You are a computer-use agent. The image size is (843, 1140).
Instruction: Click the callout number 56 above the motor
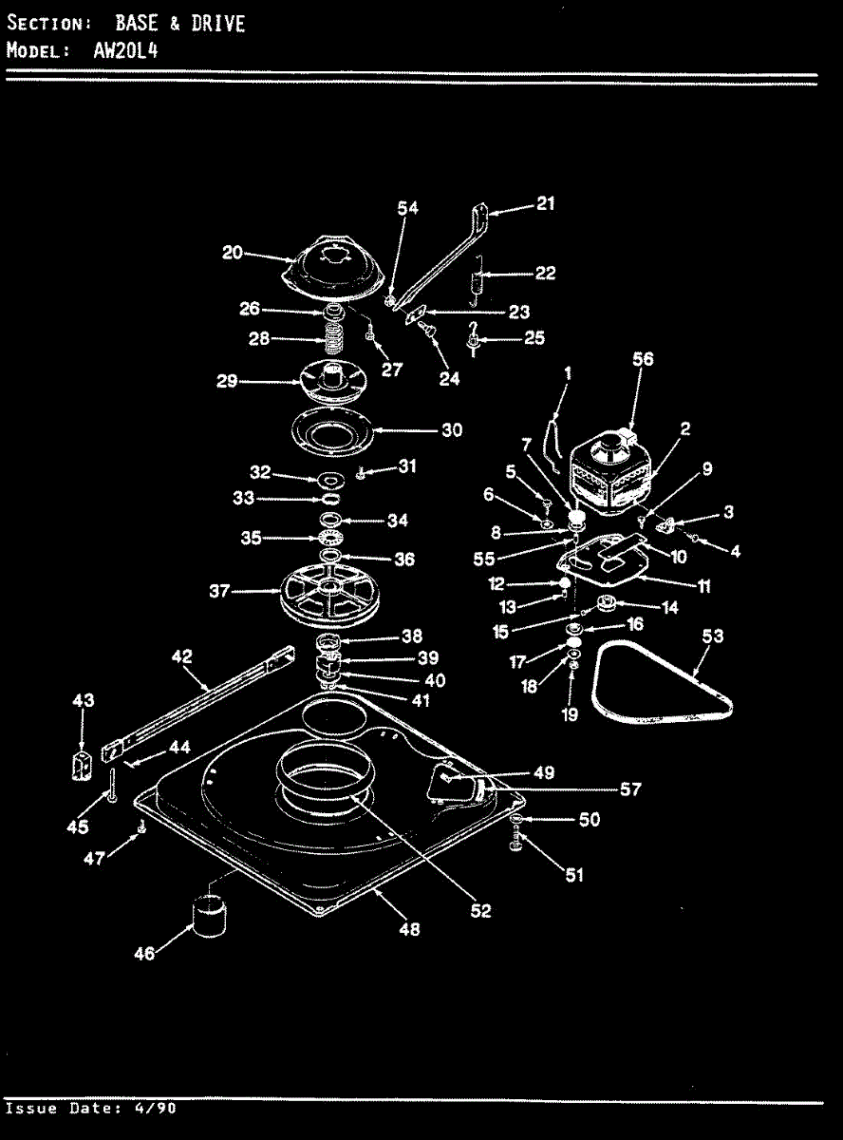pyautogui.click(x=644, y=359)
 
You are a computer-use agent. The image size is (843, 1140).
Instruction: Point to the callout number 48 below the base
pyautogui.click(x=408, y=929)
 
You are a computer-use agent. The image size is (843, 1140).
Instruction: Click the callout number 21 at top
pyautogui.click(x=545, y=203)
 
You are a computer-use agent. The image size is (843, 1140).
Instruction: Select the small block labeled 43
pyautogui.click(x=83, y=763)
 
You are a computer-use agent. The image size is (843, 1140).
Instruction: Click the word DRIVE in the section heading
pyautogui.click(x=217, y=24)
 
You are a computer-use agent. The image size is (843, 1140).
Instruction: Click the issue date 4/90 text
pyautogui.click(x=155, y=1109)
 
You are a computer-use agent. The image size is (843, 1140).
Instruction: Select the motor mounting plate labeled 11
pyautogui.click(x=608, y=560)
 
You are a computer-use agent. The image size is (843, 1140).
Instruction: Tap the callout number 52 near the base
pyautogui.click(x=481, y=910)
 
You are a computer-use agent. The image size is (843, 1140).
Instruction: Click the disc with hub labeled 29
pyautogui.click(x=332, y=380)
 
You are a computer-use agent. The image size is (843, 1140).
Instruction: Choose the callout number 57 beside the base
pyautogui.click(x=630, y=788)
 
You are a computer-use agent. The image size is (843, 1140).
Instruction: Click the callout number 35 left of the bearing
pyautogui.click(x=251, y=538)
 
